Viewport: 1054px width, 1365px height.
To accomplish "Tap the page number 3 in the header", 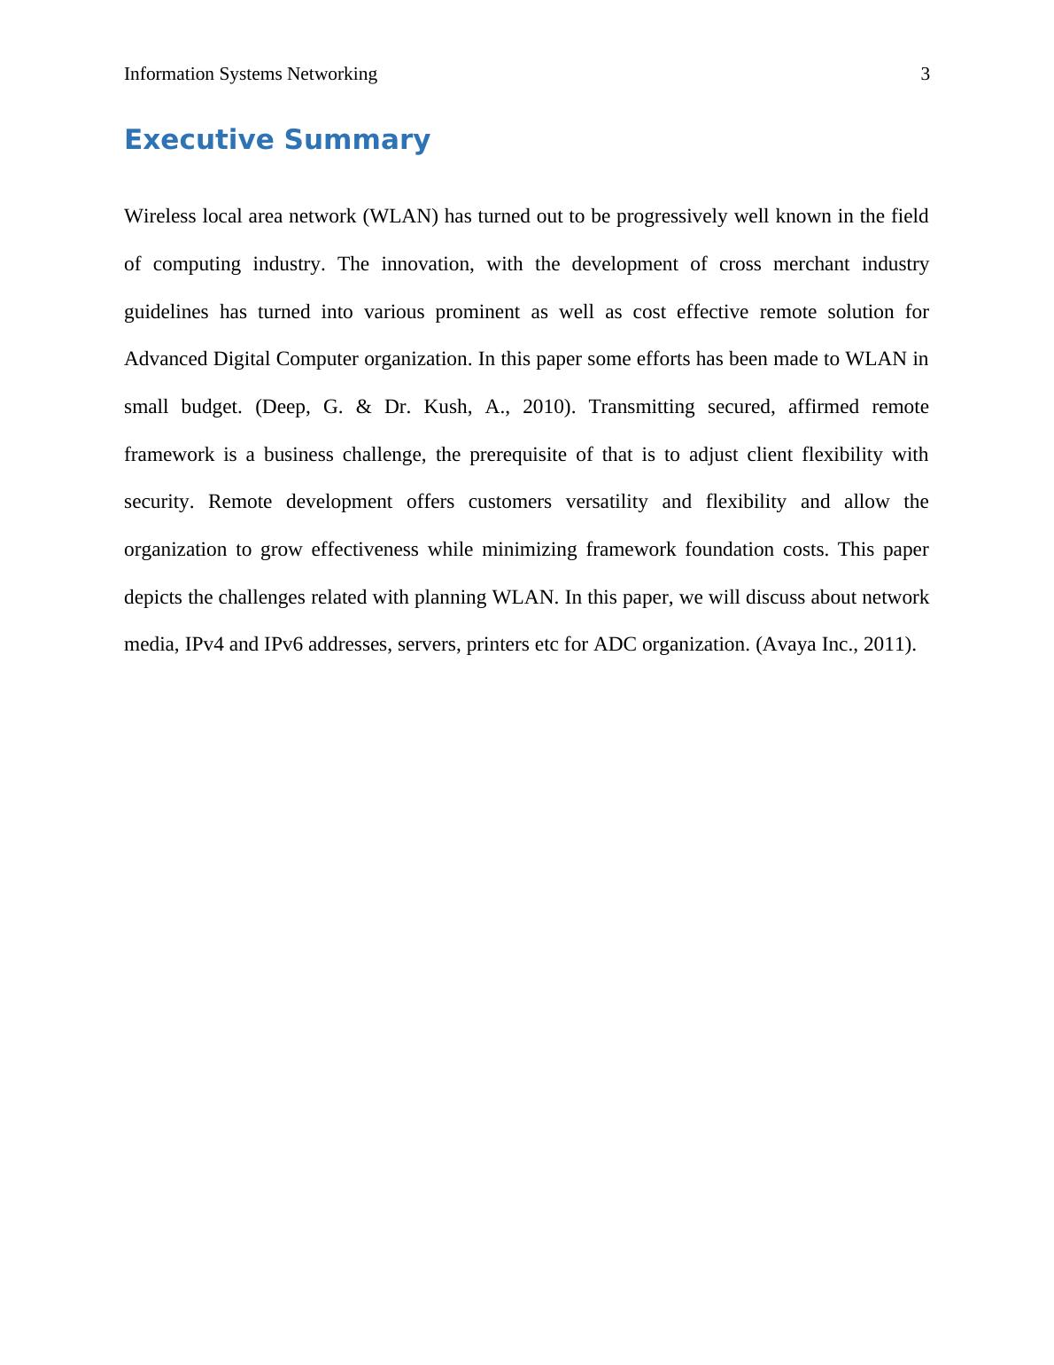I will coord(926,74).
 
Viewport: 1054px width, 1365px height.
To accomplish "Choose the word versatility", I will coord(607,502).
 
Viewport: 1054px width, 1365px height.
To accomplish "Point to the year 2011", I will coord(886,644).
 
